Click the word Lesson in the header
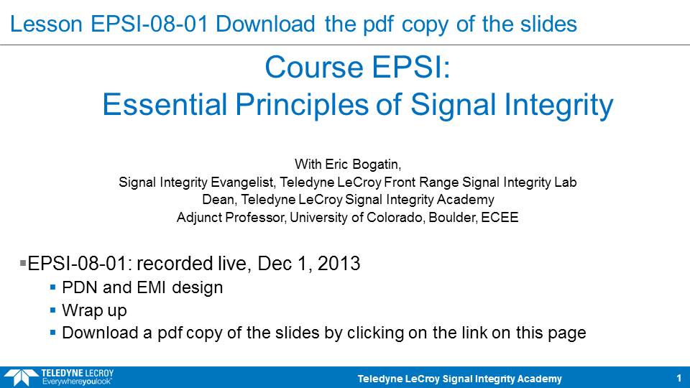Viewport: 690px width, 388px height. pyautogui.click(x=46, y=24)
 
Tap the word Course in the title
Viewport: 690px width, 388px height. pyautogui.click(x=314, y=68)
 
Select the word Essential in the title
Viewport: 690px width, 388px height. pyautogui.click(x=165, y=105)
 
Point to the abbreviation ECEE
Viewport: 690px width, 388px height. pyautogui.click(x=500, y=217)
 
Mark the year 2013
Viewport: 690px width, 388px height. pyautogui.click(x=339, y=264)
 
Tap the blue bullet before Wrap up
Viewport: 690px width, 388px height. pyautogui.click(x=52, y=310)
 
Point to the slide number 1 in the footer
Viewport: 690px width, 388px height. pyautogui.click(x=679, y=378)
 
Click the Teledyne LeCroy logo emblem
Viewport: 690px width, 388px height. pyautogui.click(x=21, y=377)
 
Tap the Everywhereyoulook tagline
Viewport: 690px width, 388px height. pyautogui.click(x=77, y=382)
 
